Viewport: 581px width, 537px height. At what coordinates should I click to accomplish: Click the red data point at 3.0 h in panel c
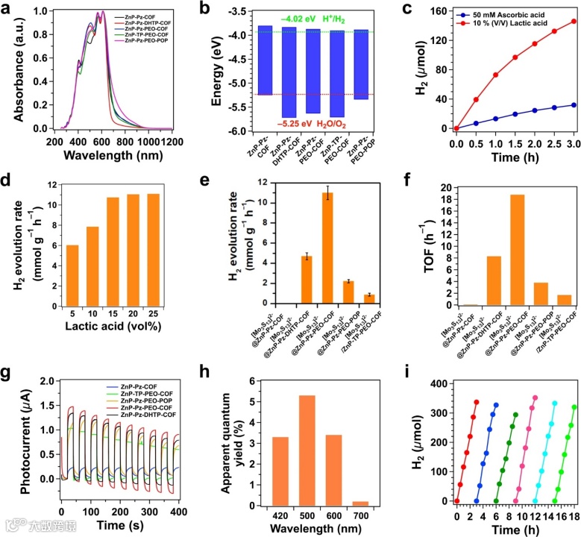point(574,22)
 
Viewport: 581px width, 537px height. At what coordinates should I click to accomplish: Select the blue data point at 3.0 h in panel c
point(574,105)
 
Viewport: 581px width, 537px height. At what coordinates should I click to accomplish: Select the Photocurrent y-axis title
point(13,441)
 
